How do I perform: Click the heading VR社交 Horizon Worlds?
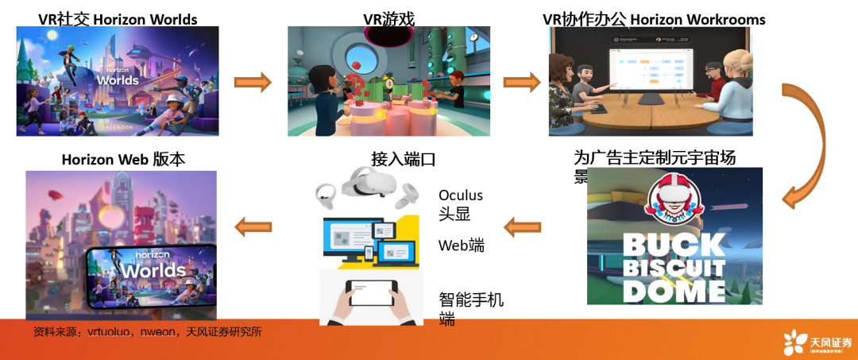point(118,18)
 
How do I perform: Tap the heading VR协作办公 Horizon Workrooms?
point(653,18)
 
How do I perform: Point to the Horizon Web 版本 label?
point(123,159)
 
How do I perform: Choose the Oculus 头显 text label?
point(461,204)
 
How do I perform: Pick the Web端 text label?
point(462,246)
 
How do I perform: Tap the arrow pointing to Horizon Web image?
point(254,227)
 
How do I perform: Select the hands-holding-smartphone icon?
point(371,297)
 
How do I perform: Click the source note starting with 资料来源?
point(148,331)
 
